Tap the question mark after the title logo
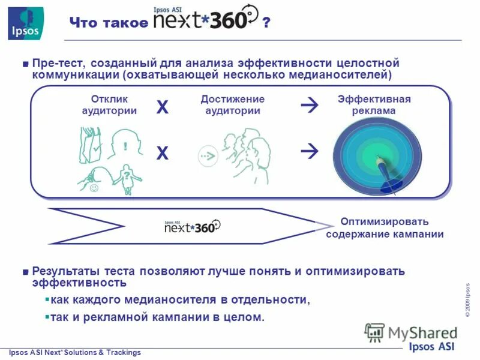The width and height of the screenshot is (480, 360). click(x=266, y=22)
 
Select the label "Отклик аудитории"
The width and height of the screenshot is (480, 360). click(x=109, y=105)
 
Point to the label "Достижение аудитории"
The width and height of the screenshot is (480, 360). click(x=232, y=105)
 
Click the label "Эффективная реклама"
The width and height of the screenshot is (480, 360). click(x=374, y=105)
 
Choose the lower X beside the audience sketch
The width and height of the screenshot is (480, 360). click(x=163, y=154)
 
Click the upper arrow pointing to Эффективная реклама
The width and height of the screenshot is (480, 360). click(x=310, y=106)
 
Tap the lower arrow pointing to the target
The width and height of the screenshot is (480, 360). click(x=310, y=151)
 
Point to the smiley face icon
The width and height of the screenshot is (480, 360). click(x=94, y=188)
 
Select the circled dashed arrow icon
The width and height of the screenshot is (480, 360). click(x=208, y=156)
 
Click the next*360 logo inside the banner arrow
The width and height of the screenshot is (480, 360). click(x=193, y=226)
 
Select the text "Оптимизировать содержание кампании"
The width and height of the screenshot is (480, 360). click(x=385, y=227)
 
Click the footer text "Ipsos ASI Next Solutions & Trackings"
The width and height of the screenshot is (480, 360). click(x=74, y=353)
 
